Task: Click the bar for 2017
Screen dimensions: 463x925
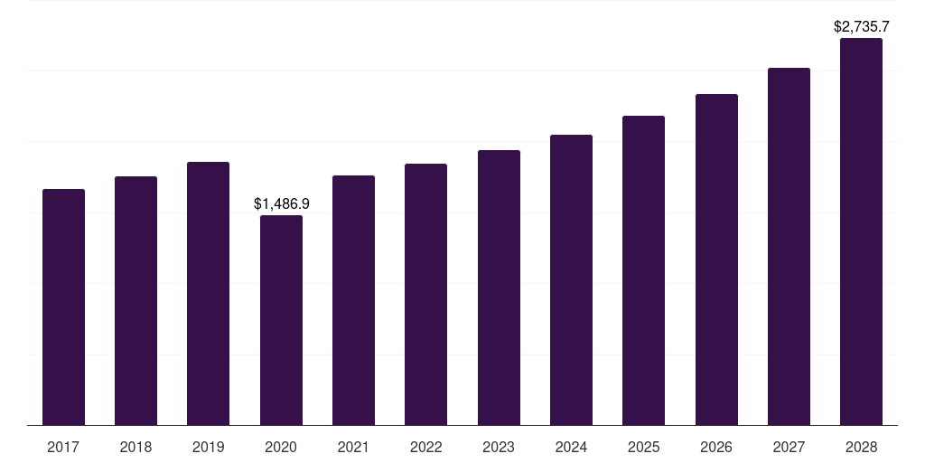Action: click(x=63, y=307)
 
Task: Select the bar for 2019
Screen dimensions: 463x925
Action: click(x=208, y=294)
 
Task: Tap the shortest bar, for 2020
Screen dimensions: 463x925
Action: click(x=281, y=320)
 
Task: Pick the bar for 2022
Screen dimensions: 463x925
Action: click(x=425, y=295)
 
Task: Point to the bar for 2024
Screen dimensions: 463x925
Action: click(x=571, y=280)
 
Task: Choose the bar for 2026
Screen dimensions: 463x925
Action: click(x=716, y=260)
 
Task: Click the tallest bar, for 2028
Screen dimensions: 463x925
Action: click(x=861, y=231)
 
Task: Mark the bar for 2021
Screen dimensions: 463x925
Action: click(x=353, y=300)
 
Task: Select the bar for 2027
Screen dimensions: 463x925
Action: click(x=789, y=247)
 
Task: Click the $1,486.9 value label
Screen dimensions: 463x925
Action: click(x=281, y=204)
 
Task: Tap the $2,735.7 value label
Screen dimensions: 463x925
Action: click(x=861, y=27)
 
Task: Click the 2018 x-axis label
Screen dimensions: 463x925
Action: click(x=135, y=447)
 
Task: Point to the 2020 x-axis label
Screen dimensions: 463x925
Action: click(x=281, y=447)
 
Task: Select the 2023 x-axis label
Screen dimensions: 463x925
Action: click(x=499, y=447)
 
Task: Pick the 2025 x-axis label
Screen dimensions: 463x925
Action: click(x=643, y=447)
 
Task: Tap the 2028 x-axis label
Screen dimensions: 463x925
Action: click(x=861, y=447)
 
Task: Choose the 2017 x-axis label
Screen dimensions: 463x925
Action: click(x=63, y=447)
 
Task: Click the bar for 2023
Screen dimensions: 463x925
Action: click(x=499, y=288)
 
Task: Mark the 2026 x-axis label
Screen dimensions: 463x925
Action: click(x=716, y=447)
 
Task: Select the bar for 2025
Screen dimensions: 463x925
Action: click(x=643, y=270)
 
